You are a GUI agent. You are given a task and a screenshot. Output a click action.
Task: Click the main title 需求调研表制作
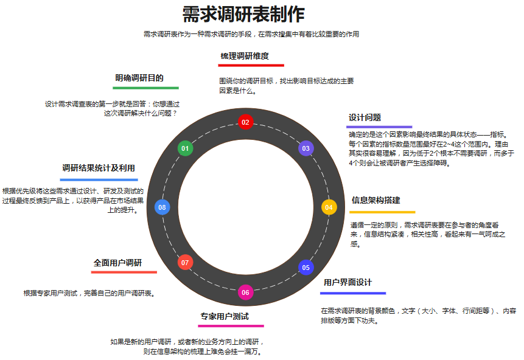243,14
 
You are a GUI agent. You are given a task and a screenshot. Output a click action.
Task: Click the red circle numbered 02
245,122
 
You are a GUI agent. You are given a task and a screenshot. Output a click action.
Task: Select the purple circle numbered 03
306,148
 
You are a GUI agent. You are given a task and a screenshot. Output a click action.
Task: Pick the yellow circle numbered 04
329,207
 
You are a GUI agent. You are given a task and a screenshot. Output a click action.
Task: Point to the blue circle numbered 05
306,267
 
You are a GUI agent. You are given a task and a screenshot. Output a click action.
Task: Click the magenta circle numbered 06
245,292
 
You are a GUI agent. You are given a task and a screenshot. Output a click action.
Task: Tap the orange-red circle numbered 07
186,263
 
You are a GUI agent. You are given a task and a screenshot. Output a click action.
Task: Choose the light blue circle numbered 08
162,207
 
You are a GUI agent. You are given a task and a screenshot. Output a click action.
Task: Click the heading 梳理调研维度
245,56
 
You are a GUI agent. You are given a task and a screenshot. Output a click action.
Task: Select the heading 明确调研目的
139,78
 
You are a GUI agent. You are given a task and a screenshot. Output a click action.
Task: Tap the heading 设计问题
365,117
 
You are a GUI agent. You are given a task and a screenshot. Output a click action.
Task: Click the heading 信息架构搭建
376,200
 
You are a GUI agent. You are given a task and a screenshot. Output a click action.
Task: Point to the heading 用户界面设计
348,282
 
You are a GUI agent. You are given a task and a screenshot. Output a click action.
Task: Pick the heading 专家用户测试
225,316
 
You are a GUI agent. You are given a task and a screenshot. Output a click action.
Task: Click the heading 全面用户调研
117,263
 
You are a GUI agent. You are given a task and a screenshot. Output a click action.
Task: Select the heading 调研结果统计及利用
99,168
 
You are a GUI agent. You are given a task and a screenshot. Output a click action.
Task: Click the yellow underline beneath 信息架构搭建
382,212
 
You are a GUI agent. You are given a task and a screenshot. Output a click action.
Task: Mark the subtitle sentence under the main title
251,34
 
